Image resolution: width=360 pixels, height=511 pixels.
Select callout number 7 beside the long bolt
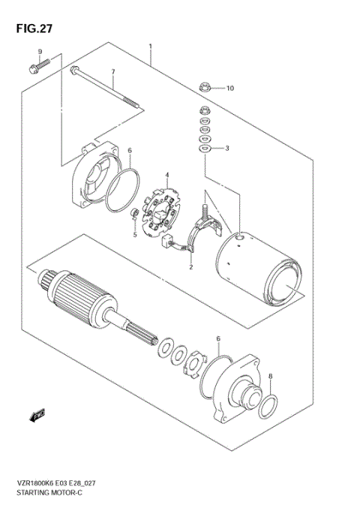tap(113, 72)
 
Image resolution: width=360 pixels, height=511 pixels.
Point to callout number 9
tap(40, 52)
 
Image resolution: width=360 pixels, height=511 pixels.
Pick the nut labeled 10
tap(205, 88)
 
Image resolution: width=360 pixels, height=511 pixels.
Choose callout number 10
tap(229, 88)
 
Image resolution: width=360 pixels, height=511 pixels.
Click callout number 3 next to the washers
tap(227, 149)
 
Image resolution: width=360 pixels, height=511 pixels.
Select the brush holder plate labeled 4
tap(160, 212)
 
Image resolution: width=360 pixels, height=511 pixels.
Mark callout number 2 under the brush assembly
tap(191, 266)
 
